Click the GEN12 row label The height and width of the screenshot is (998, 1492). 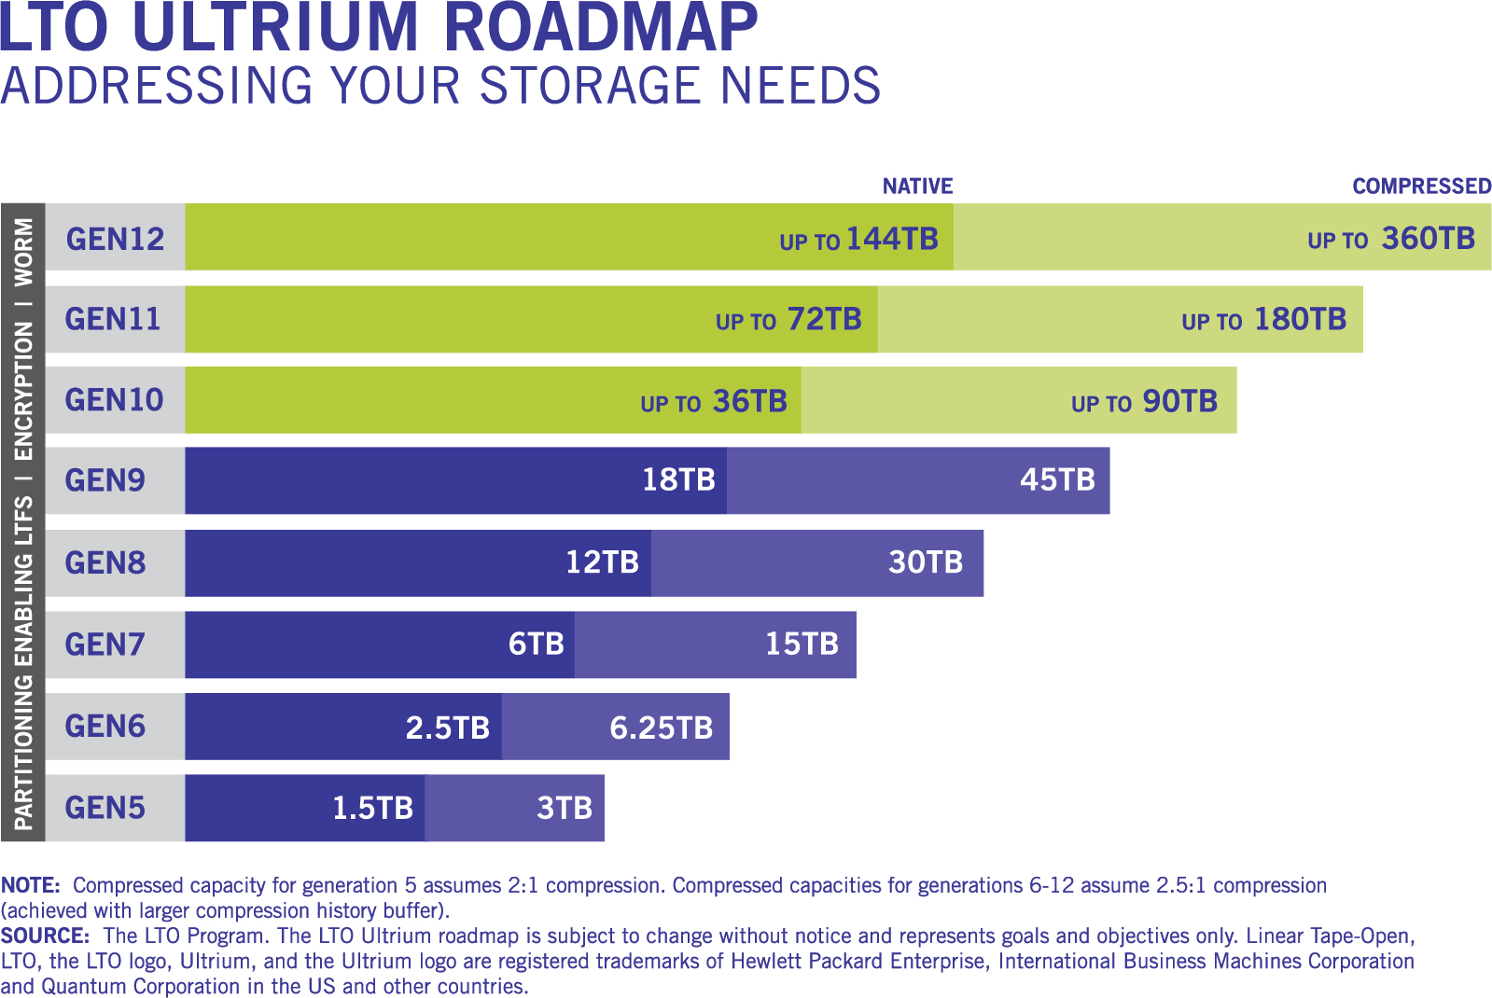tap(115, 239)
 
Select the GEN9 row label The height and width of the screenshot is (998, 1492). tap(105, 480)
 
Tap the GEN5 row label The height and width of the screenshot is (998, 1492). tap(105, 808)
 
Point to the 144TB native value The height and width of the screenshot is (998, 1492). tap(891, 240)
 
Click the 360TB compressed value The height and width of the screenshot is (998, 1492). tap(1428, 239)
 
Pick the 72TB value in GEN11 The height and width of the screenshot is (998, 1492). tap(824, 320)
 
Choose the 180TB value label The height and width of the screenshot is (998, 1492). tap(1300, 320)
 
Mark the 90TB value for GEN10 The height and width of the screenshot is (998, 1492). tap(1179, 401)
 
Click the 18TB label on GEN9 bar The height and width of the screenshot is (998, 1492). tap(678, 480)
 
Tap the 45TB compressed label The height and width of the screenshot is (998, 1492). tap(1057, 480)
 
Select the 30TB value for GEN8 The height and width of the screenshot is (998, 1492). tap(926, 562)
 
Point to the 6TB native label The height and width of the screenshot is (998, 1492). tap(537, 644)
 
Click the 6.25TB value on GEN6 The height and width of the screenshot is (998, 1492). tap(661, 728)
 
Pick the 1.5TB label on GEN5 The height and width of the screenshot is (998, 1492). tap(372, 808)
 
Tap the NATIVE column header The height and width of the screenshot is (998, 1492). tap(917, 187)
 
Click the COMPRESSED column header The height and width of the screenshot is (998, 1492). tap(1421, 187)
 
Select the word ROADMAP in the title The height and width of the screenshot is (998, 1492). tap(600, 28)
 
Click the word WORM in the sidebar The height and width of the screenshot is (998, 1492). tap(23, 252)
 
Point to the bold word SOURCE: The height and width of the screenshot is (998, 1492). tap(45, 936)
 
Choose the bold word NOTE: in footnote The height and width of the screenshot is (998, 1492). tap(31, 885)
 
